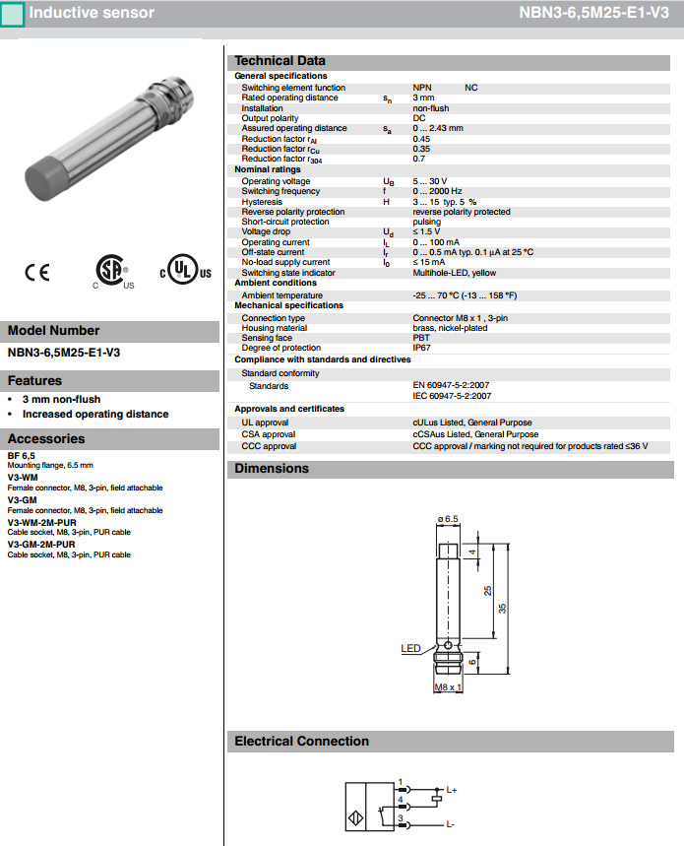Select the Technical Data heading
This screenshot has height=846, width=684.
click(280, 60)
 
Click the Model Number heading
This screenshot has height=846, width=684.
click(53, 331)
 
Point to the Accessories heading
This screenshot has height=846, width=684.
click(46, 438)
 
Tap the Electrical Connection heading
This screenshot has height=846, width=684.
click(301, 742)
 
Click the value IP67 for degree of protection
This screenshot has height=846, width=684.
click(421, 348)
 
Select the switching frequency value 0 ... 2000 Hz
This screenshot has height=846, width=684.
click(437, 191)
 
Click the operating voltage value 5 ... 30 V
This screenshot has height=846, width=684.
click(430, 181)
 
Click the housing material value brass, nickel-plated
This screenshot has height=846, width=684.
click(450, 328)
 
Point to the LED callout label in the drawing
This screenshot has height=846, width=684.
click(410, 647)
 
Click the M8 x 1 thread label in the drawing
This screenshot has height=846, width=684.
click(448, 686)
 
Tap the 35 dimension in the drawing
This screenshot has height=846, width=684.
click(502, 609)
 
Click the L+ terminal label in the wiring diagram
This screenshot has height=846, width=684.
click(452, 790)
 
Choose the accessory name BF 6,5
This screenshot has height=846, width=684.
click(22, 456)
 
